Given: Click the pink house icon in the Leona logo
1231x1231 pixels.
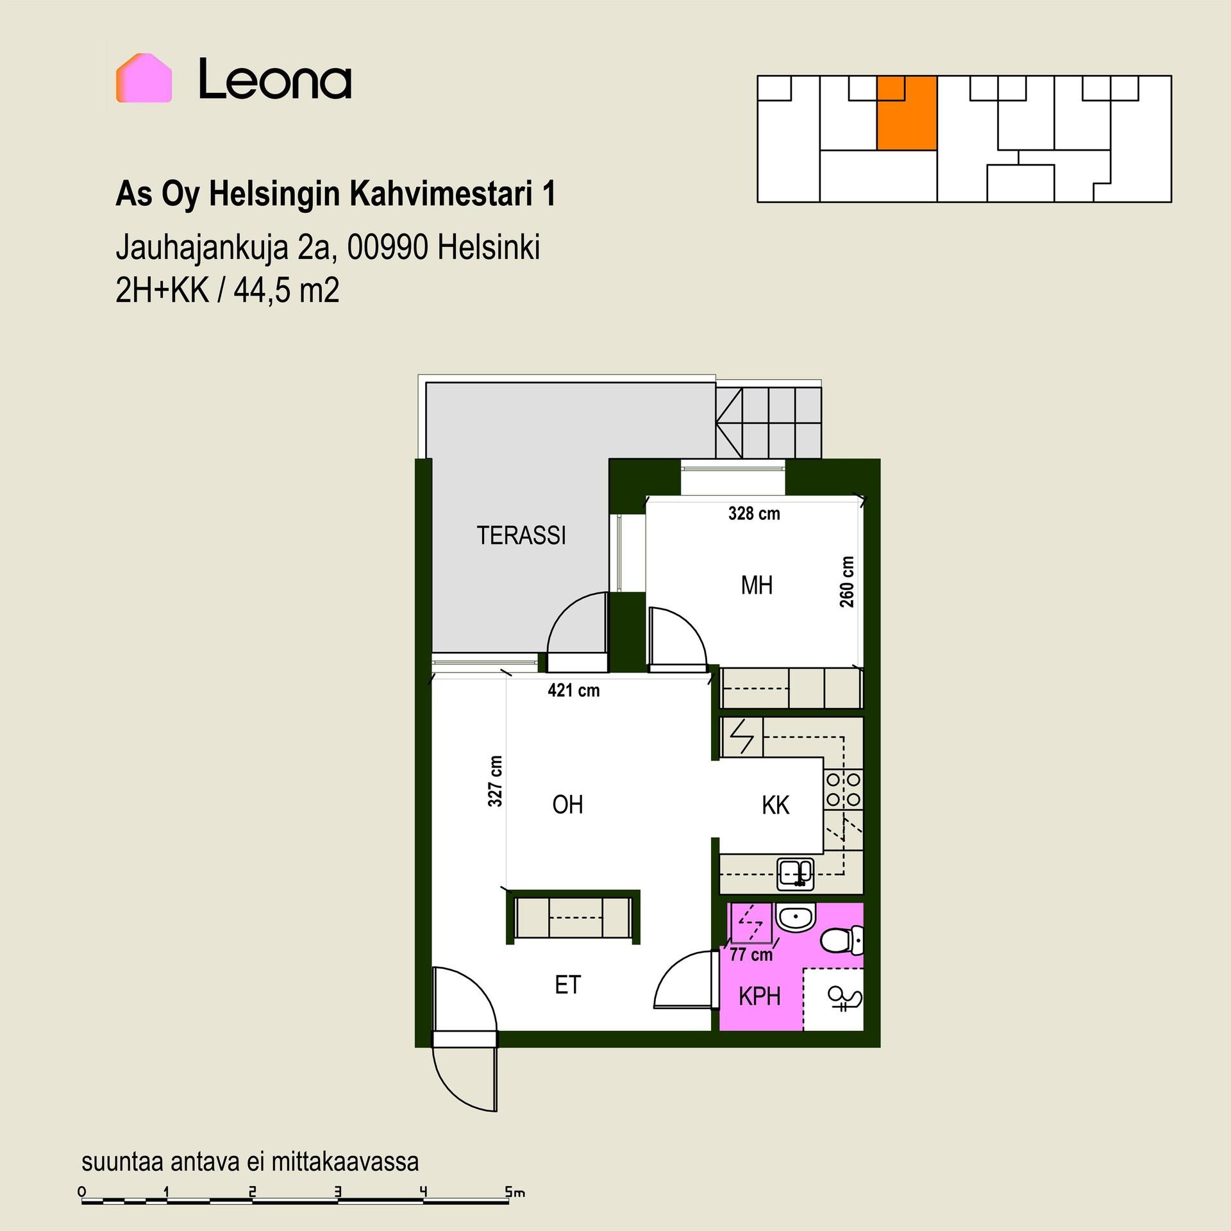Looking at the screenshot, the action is pyautogui.click(x=144, y=78).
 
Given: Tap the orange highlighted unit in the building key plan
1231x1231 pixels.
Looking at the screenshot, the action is pyautogui.click(x=907, y=113).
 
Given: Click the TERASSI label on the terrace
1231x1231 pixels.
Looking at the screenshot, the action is pyautogui.click(x=521, y=535).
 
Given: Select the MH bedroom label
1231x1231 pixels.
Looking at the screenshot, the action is pyautogui.click(x=757, y=585).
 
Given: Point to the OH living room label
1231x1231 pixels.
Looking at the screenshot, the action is pyautogui.click(x=567, y=805).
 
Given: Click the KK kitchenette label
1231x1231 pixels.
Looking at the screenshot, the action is pyautogui.click(x=775, y=805).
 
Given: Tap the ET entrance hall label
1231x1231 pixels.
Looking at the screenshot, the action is pyautogui.click(x=567, y=985).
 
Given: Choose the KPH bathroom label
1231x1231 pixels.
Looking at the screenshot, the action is pyautogui.click(x=759, y=996).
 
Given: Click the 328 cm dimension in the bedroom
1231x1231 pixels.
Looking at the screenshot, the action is pyautogui.click(x=754, y=514).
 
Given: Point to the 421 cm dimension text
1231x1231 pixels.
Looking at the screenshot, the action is pyautogui.click(x=574, y=691).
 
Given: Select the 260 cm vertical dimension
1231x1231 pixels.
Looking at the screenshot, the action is pyautogui.click(x=847, y=582).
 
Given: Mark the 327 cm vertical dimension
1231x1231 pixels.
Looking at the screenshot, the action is pyautogui.click(x=495, y=781).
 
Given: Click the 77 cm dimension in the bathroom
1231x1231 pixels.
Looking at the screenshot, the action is pyautogui.click(x=751, y=955).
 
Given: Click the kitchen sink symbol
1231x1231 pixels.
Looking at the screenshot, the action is pyautogui.click(x=796, y=874).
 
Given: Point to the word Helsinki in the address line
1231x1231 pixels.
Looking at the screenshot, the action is pyautogui.click(x=488, y=247).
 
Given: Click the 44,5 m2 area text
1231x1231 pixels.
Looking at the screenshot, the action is pyautogui.click(x=287, y=290).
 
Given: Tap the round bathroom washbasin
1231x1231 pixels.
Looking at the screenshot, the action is pyautogui.click(x=795, y=918).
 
